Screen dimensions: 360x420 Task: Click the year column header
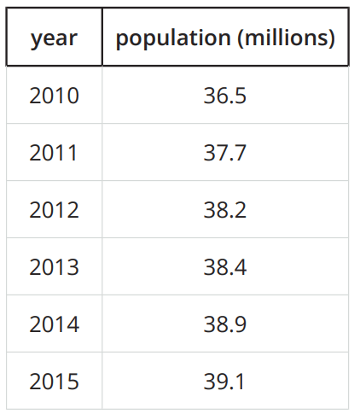tap(54, 38)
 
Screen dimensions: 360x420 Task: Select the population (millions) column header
tap(225, 38)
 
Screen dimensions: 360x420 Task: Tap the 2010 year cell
tap(54, 96)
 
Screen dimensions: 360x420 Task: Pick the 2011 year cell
tap(53, 153)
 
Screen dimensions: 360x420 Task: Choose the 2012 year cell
tap(54, 210)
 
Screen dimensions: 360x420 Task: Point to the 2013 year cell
tap(54, 267)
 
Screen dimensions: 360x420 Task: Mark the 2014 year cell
tap(55, 324)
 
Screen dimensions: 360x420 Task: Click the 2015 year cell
tap(54, 382)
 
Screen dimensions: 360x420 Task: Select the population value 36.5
tap(225, 96)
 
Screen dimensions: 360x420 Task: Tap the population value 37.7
tap(225, 153)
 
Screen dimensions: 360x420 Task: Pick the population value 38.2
tap(225, 210)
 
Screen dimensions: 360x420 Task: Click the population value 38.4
tap(225, 267)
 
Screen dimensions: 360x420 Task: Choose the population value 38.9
tap(225, 324)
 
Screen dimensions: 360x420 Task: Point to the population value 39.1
tap(224, 382)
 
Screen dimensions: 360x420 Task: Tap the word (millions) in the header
tap(286, 38)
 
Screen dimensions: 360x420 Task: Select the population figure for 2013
tap(225, 267)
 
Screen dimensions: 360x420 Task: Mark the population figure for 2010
tap(225, 96)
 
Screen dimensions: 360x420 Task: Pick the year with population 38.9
tap(55, 324)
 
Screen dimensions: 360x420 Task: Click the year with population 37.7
tap(53, 153)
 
